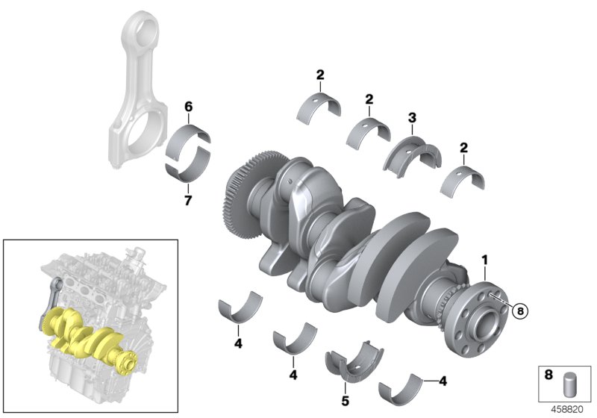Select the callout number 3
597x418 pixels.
(x=411, y=116)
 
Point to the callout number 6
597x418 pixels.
(x=189, y=108)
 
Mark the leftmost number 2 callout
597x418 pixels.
(x=320, y=75)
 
